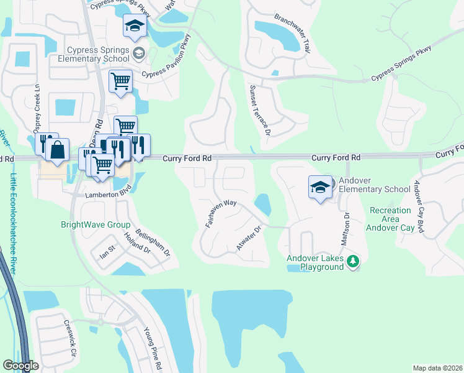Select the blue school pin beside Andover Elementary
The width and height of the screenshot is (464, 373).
click(x=319, y=187)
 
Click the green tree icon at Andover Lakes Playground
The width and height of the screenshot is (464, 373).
click(x=353, y=262)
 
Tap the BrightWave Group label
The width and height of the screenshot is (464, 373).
click(x=95, y=225)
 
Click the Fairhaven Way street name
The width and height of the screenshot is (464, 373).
click(x=221, y=213)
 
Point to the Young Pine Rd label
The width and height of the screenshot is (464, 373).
click(x=153, y=349)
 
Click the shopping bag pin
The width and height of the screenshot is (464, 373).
click(x=57, y=151)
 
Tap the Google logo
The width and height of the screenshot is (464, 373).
click(x=21, y=366)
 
